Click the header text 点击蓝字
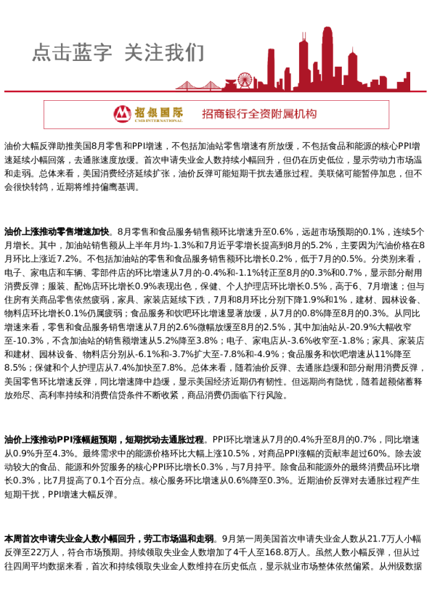[x=72, y=53]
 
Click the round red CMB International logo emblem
[x=123, y=114]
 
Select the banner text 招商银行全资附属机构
[x=259, y=114]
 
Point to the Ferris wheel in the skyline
[x=245, y=81]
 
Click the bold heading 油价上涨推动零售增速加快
[x=57, y=231]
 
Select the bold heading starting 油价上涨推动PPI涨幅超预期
[x=104, y=440]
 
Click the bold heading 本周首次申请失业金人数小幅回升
[x=110, y=539]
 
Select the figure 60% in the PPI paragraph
[x=378, y=454]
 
